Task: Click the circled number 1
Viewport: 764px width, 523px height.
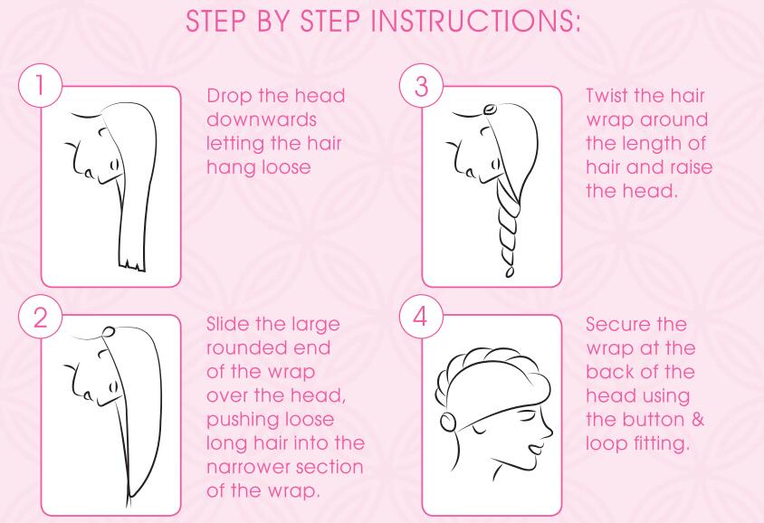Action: (41, 86)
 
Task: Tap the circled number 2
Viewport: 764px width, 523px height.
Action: (41, 317)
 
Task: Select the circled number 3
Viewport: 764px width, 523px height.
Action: (421, 86)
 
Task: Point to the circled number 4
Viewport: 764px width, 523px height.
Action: (421, 317)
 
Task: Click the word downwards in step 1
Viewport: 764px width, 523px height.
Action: (262, 119)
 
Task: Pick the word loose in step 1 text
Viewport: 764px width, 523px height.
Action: (286, 167)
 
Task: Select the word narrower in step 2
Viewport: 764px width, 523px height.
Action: (248, 467)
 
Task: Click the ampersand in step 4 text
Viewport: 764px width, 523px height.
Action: (698, 419)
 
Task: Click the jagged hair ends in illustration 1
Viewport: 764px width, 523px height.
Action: (131, 264)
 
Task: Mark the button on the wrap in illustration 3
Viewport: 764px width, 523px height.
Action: (489, 108)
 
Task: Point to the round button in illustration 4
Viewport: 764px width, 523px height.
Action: (448, 422)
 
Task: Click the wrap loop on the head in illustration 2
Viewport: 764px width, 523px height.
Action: (109, 331)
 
